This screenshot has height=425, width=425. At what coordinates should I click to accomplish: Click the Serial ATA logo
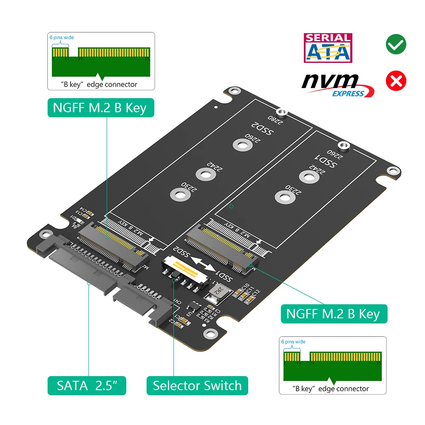pyautogui.click(x=328, y=48)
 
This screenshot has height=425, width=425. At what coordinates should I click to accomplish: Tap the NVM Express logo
pyautogui.click(x=337, y=85)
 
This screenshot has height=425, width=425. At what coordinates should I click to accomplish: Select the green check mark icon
pyautogui.click(x=396, y=44)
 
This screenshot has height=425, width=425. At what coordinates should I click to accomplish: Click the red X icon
pyautogui.click(x=396, y=81)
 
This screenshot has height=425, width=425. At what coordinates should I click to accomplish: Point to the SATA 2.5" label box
pyautogui.click(x=87, y=386)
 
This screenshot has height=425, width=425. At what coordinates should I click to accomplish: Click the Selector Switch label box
pyautogui.click(x=197, y=386)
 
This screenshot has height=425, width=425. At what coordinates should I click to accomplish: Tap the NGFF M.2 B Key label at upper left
pyautogui.click(x=100, y=108)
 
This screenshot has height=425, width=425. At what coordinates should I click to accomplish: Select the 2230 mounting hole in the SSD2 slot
pyautogui.click(x=178, y=195)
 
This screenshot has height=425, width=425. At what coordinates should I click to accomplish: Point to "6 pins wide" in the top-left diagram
pyautogui.click(x=62, y=38)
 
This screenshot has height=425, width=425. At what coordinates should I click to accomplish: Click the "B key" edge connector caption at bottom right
pyautogui.click(x=331, y=388)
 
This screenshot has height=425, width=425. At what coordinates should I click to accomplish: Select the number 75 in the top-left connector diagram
pyautogui.click(x=147, y=59)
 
